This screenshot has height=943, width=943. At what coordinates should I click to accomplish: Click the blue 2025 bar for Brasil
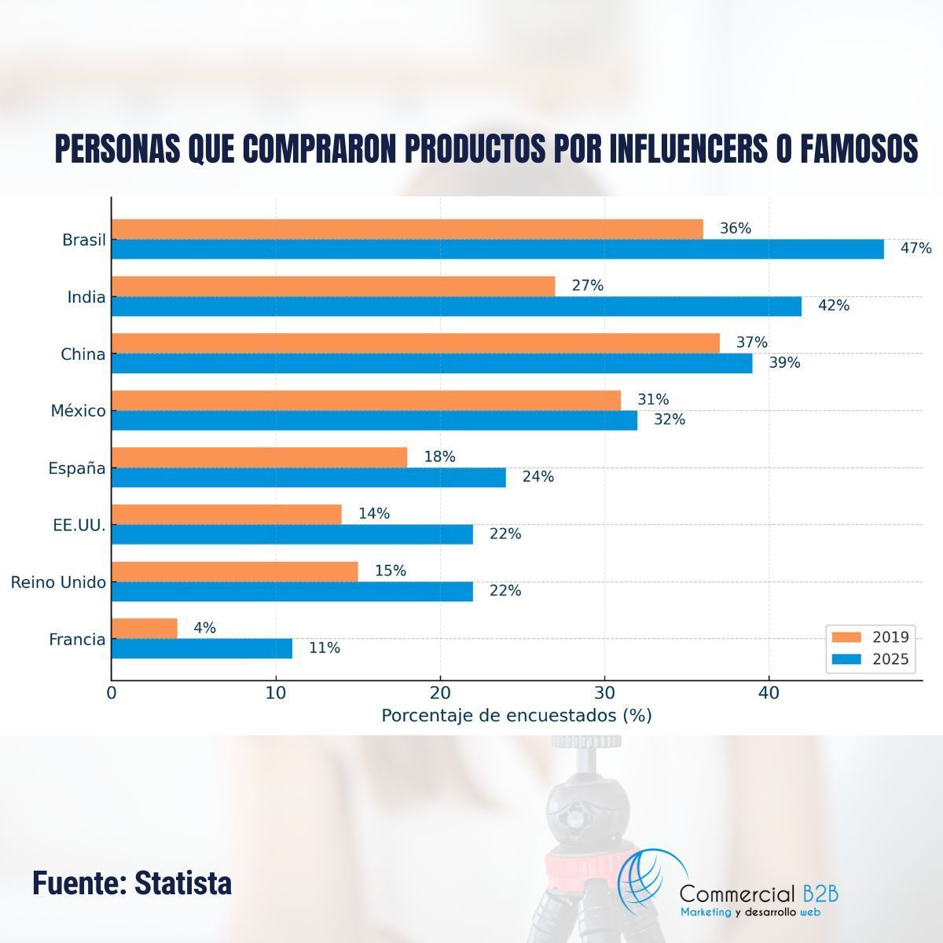(x=497, y=249)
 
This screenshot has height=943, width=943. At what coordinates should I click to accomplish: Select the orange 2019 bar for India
(x=333, y=286)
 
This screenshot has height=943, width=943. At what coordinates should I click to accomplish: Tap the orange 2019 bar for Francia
(x=145, y=629)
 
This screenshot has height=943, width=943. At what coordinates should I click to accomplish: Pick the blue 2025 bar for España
(x=309, y=477)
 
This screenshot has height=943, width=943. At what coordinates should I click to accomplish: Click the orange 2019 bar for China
(x=416, y=343)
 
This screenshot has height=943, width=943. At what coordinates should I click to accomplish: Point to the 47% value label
(x=915, y=249)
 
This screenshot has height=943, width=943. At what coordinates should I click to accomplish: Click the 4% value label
(x=204, y=629)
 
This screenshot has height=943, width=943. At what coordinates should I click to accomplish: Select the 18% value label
(x=439, y=457)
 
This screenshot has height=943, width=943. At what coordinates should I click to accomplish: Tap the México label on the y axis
(x=78, y=411)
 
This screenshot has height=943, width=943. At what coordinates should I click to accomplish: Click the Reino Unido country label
(x=58, y=582)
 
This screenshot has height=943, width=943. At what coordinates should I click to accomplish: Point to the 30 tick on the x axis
(x=604, y=693)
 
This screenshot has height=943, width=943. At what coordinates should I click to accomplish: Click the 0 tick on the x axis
(x=112, y=693)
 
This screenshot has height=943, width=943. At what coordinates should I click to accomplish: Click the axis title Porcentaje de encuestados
(x=516, y=716)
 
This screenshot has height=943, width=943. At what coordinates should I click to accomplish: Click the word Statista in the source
(x=183, y=883)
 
